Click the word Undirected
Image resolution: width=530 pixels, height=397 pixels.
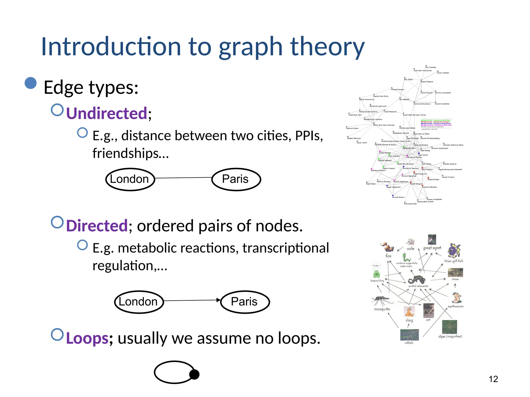pos(107,113)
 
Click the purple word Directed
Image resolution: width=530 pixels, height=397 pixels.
pos(97,226)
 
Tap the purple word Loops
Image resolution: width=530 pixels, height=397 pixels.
pos(87,338)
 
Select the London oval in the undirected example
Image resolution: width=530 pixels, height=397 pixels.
pos(130,179)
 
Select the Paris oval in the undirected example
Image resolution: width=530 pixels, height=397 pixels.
pos(236,179)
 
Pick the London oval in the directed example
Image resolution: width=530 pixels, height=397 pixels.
pos(139,302)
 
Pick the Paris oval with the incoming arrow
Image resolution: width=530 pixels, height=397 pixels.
pos(245,302)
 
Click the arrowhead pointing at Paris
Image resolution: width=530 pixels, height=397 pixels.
pos(218,300)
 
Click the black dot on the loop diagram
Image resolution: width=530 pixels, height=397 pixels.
pos(194,374)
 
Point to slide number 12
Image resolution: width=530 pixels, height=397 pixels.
pos(493,379)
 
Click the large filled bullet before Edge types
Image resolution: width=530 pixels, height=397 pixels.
pos(31,83)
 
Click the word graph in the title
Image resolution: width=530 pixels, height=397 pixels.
pos(250,47)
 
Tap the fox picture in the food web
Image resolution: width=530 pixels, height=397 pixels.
pos(387,247)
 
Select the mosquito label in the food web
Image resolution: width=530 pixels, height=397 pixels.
pos(382,309)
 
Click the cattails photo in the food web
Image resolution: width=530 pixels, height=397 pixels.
pos(409,335)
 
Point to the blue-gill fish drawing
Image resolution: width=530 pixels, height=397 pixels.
pos(454,250)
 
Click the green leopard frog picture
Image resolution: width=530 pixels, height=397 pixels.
pos(376,274)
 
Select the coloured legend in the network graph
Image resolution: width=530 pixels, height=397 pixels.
pos(436,124)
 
